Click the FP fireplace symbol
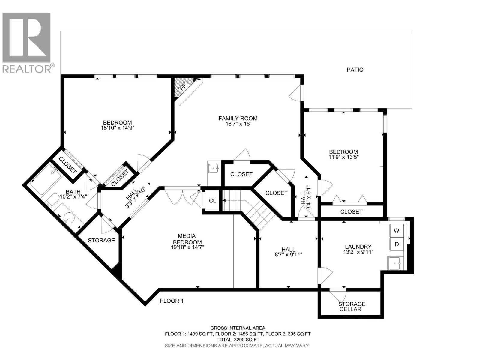[x=182, y=87]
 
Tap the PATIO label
[x=355, y=70]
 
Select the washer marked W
[x=397, y=231]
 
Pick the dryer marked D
[x=397, y=244]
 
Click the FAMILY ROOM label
[x=238, y=118]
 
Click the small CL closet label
[x=212, y=201]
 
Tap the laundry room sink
[x=395, y=263]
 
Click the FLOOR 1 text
[x=172, y=301]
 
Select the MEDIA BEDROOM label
[x=187, y=239]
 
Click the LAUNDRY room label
[x=358, y=247]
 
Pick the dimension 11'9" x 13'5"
[x=343, y=157]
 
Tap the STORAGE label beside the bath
[x=101, y=240]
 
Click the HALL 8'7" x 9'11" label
[x=288, y=252]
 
